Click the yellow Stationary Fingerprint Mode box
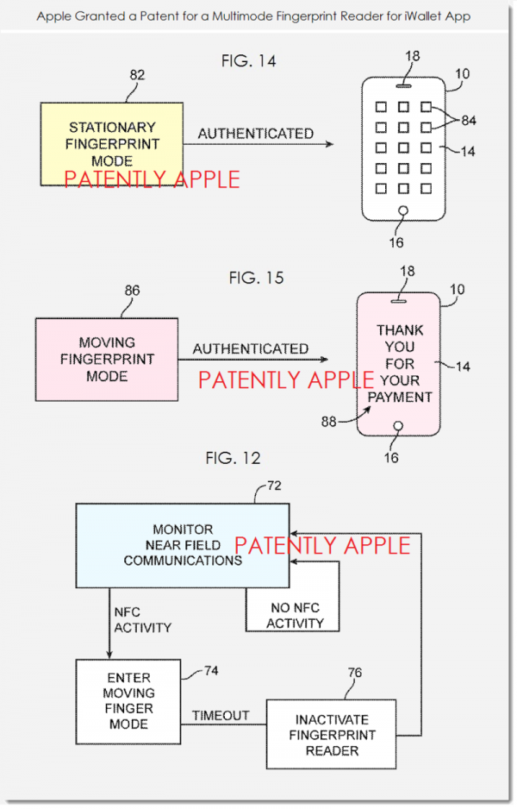(x=111, y=143)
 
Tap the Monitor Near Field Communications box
(x=182, y=545)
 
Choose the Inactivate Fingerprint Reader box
(x=333, y=733)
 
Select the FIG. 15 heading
(x=256, y=278)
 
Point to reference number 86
(x=132, y=292)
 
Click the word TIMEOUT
(x=221, y=715)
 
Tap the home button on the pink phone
(x=398, y=426)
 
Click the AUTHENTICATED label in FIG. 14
(x=256, y=134)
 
